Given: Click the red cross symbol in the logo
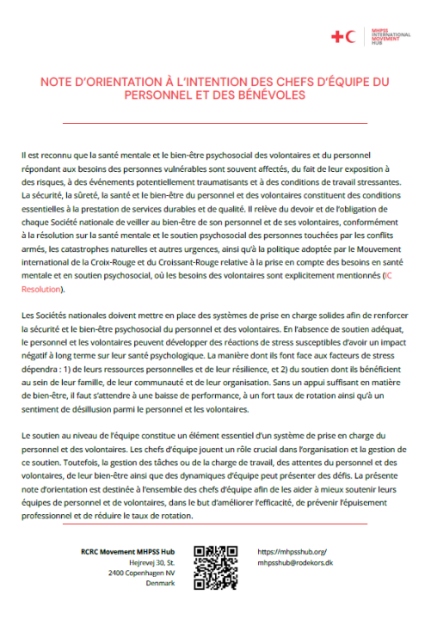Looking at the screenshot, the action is click(x=336, y=36).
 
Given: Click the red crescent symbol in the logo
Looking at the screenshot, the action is click(x=352, y=36).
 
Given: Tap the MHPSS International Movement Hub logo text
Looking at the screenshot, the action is click(x=382, y=36).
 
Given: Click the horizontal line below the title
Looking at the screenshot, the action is click(x=215, y=123).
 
